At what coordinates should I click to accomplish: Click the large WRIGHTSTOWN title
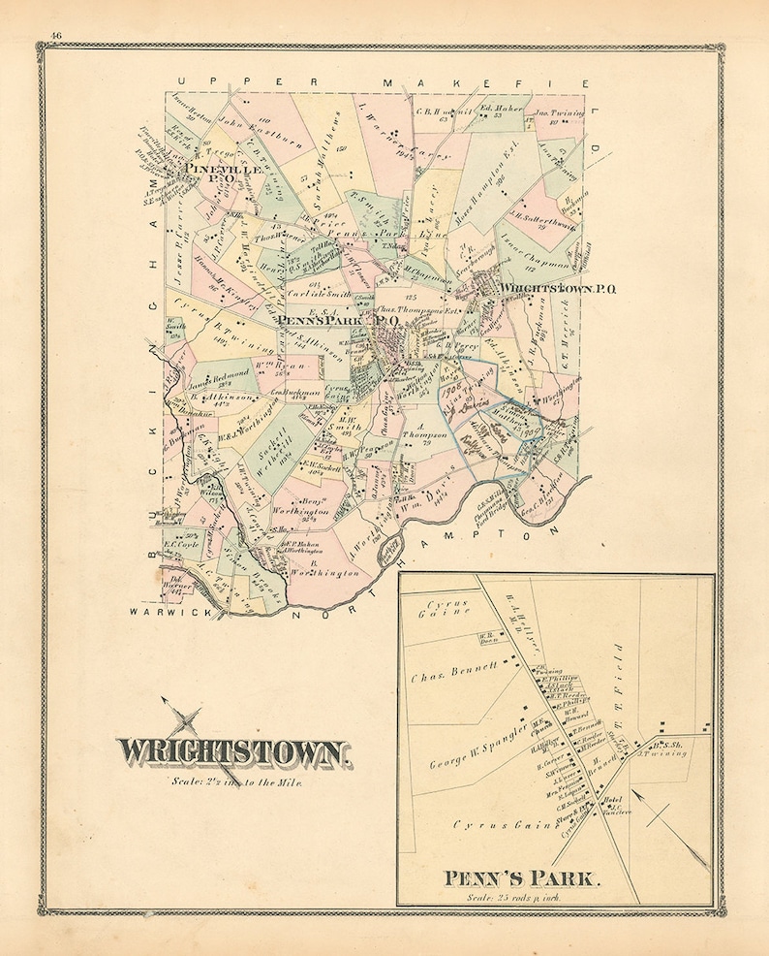(x=232, y=751)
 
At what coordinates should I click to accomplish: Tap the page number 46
(x=55, y=37)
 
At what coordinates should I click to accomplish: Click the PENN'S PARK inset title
(x=523, y=880)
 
